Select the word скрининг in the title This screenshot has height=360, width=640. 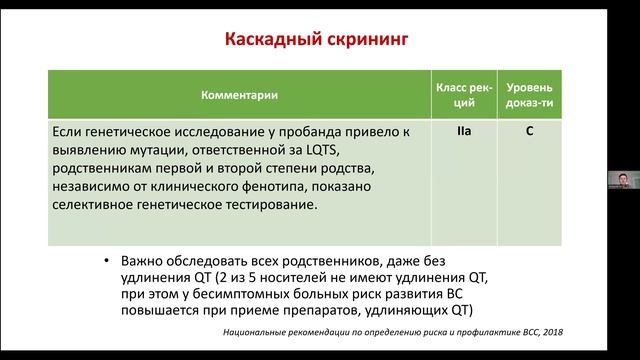pyautogui.click(x=364, y=41)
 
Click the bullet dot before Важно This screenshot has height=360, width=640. pyautogui.click(x=108, y=261)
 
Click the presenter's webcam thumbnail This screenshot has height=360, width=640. pyautogui.click(x=622, y=180)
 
